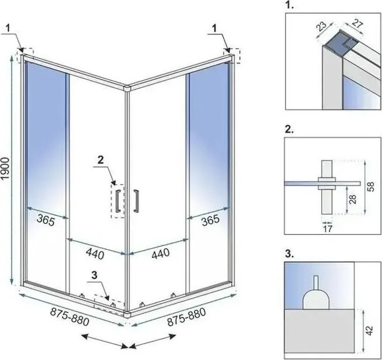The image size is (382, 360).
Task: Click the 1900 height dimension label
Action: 6,169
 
